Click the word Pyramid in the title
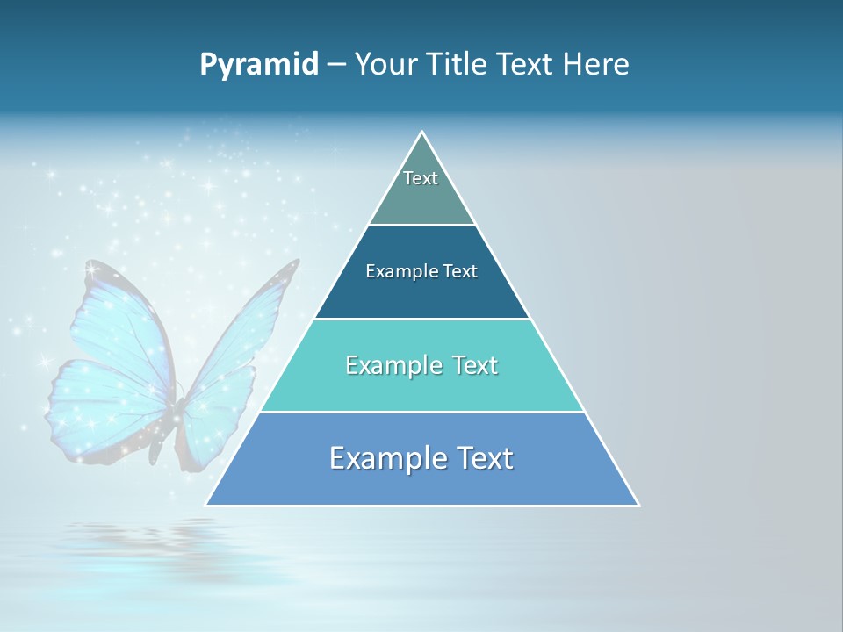click(x=259, y=65)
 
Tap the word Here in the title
click(x=596, y=65)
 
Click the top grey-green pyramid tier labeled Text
click(x=421, y=189)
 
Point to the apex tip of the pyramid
click(x=422, y=133)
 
